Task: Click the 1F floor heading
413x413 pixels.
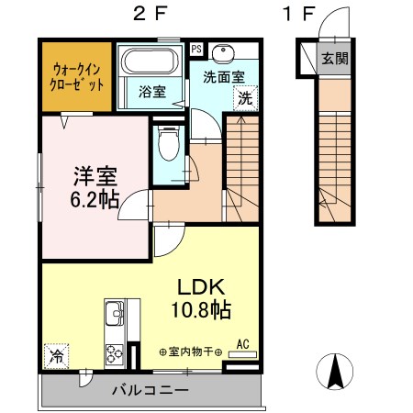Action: click(x=298, y=16)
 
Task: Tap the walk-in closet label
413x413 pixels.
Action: click(x=76, y=74)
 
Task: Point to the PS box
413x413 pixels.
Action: click(x=195, y=49)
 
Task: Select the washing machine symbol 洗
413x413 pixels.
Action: click(x=245, y=96)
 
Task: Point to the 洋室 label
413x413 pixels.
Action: click(x=94, y=173)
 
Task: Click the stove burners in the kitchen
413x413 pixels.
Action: click(x=117, y=353)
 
